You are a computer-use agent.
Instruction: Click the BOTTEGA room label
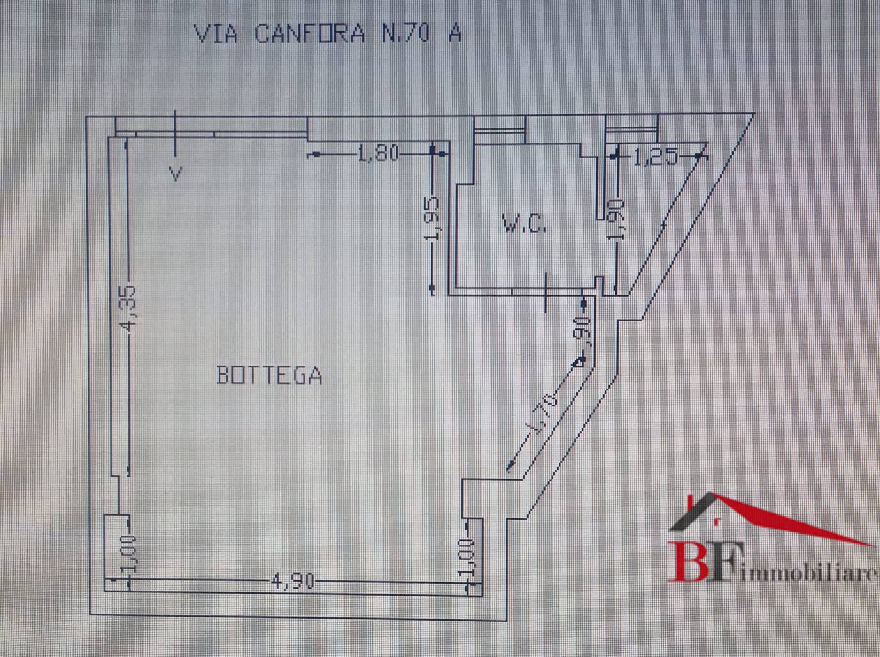[x=269, y=375]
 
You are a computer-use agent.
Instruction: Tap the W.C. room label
[x=523, y=224]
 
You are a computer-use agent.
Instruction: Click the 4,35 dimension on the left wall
[x=130, y=308]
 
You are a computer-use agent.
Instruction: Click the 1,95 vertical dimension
[x=433, y=219]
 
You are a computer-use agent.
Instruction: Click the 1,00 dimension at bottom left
[x=129, y=555]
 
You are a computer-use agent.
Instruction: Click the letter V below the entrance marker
[x=176, y=173]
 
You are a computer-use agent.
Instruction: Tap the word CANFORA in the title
[x=310, y=33]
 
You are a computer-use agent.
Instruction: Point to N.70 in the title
[x=405, y=33]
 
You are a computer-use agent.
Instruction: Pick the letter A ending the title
[x=454, y=33]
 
